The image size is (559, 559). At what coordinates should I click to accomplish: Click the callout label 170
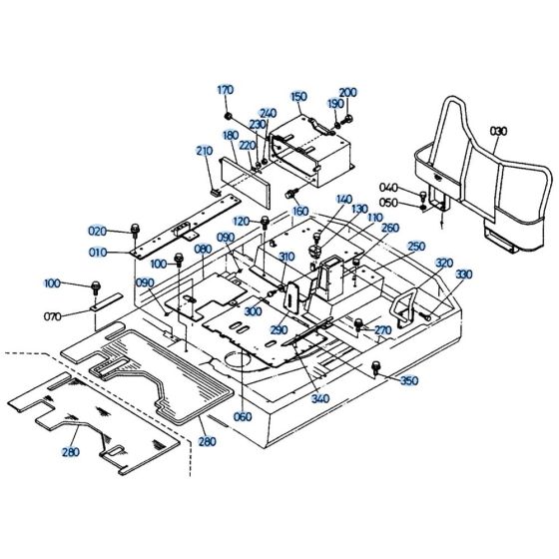coord(225,90)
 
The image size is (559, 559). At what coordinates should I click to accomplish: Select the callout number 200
coord(348,92)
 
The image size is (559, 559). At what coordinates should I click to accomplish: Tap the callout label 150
coord(298,97)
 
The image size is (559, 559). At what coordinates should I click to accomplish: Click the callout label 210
coord(205,151)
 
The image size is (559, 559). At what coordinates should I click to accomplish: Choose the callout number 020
coord(97,231)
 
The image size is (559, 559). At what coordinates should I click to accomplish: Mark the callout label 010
coord(97,254)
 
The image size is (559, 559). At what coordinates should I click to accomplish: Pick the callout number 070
coord(54,316)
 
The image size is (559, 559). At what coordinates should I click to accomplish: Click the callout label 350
coord(409,381)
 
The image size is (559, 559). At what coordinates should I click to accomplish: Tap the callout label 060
coord(243,416)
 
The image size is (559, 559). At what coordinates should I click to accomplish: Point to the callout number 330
coord(463,274)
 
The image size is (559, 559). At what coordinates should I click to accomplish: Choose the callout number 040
coord(388,188)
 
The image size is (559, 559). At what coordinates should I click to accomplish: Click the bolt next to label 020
coord(134,232)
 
